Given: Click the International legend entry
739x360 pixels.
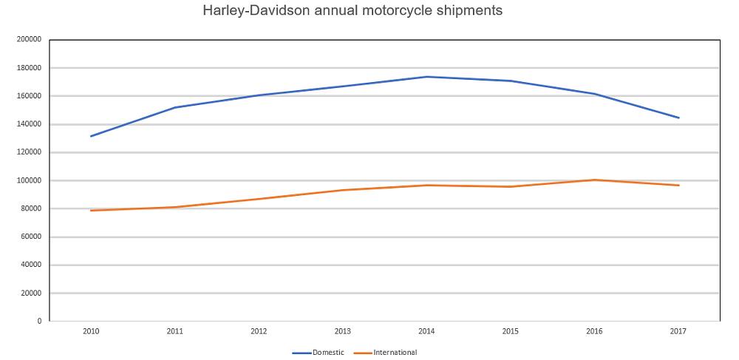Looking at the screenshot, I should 395,353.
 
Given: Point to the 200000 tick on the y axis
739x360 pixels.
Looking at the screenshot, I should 30,40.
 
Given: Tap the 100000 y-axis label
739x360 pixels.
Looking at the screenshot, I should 30,180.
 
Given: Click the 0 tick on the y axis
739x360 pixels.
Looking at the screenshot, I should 38,321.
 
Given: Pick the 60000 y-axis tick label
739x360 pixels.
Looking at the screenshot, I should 32,237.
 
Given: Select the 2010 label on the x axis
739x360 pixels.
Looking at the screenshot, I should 91,332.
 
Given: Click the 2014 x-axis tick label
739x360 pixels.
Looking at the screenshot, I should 426,332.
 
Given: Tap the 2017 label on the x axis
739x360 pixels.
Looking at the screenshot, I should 678,332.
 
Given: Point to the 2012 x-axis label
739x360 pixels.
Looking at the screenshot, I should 259,332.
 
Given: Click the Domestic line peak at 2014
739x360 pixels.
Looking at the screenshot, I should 426,77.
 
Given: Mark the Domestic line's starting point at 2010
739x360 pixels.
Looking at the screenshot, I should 91,136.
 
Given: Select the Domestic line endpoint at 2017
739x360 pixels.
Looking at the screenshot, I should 678,118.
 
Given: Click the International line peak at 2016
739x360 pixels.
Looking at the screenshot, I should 594,180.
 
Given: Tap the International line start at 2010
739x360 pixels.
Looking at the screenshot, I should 91,211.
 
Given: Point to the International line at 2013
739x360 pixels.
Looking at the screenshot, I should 343,190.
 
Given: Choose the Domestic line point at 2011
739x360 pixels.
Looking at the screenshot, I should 175,107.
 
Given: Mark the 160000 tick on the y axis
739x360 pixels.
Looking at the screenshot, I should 30,96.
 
